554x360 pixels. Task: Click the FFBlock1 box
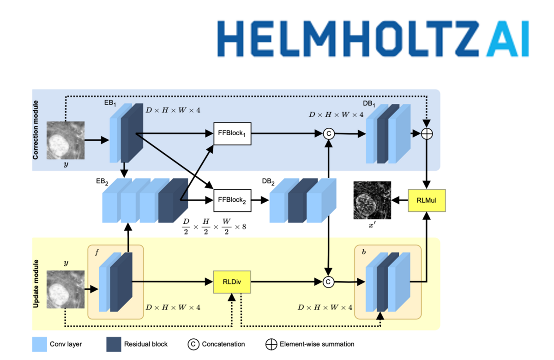coord(232,134)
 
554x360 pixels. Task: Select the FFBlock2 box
coord(232,200)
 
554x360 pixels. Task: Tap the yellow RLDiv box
coord(232,282)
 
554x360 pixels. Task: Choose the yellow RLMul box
coord(427,200)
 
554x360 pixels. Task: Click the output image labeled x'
coord(372,200)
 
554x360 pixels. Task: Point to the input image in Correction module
coord(66,140)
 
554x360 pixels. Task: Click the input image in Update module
coord(66,289)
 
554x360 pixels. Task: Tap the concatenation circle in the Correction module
coord(328,134)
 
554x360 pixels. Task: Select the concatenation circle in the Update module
coord(328,282)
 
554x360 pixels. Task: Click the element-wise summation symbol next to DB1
coord(427,134)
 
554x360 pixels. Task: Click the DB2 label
coord(268,182)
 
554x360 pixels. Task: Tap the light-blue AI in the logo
coord(506,38)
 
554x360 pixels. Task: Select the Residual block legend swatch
coord(114,344)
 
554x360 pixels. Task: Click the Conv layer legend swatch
coord(40,344)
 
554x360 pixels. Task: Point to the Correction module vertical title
coord(36,130)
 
